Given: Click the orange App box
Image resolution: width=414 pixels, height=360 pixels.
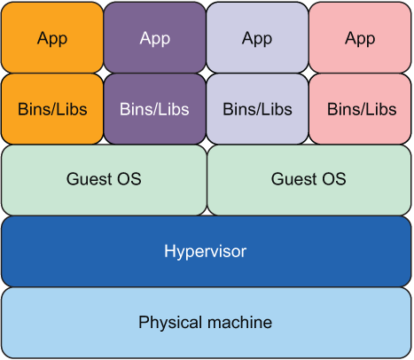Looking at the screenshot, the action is click(52, 37).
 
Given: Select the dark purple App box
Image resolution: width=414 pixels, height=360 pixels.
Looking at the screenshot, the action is click(154, 37).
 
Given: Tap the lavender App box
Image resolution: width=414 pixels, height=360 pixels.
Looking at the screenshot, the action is click(257, 37).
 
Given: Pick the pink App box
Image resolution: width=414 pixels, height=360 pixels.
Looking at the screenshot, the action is click(360, 37).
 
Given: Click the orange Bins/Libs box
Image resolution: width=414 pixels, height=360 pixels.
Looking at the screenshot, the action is click(52, 109).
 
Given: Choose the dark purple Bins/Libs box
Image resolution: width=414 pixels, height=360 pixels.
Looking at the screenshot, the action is click(154, 109).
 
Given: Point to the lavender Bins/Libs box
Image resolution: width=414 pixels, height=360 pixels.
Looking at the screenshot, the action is click(257, 109).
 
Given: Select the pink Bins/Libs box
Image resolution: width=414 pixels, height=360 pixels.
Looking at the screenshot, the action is click(360, 109).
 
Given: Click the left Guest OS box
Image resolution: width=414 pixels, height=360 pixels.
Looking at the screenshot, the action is click(104, 180).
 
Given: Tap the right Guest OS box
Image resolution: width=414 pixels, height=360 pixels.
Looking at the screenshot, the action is click(309, 180).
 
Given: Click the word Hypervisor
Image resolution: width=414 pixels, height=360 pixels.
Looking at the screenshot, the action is click(206, 252).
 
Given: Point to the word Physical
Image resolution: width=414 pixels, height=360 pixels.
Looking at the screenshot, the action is click(169, 323).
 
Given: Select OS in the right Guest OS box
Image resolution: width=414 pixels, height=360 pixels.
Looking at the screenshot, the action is click(334, 179).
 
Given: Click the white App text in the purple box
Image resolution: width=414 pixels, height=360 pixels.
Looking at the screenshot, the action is click(155, 39).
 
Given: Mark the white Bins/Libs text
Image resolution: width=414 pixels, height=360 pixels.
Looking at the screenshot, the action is click(154, 109).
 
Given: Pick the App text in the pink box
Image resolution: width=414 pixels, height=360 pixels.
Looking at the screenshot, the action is click(360, 39).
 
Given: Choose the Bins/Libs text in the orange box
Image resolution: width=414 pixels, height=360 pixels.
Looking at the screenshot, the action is click(52, 109).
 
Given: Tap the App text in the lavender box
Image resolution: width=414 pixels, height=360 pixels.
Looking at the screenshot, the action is click(257, 39).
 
